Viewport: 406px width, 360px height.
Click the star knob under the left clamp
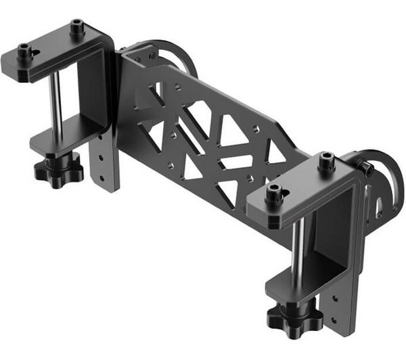coord(58,168)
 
